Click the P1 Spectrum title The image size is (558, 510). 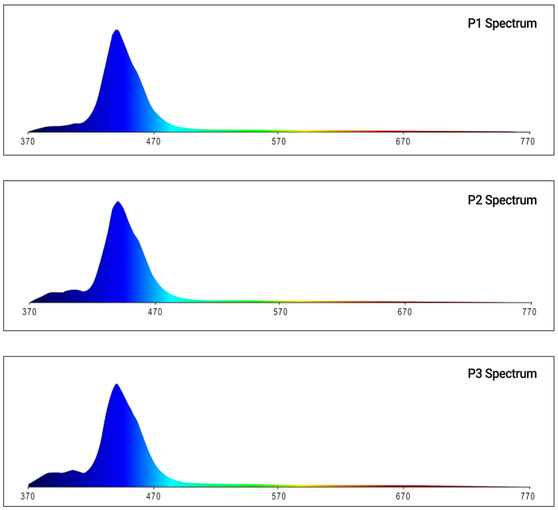click(x=501, y=24)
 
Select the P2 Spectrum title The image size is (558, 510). click(x=501, y=200)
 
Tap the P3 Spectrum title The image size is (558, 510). click(x=501, y=374)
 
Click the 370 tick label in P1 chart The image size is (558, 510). click(x=28, y=141)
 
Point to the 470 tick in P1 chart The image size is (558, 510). click(x=153, y=141)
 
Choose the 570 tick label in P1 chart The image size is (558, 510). click(x=278, y=141)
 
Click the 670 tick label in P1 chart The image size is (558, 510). click(x=403, y=141)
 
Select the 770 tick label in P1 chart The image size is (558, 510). click(x=527, y=141)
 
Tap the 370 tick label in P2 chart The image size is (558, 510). click(x=29, y=312)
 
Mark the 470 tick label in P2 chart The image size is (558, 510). click(x=155, y=312)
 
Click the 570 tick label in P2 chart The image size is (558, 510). click(x=280, y=312)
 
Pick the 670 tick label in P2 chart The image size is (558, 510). click(x=405, y=312)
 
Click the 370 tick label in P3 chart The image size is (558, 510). click(x=28, y=495)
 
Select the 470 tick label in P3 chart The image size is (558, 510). click(x=153, y=495)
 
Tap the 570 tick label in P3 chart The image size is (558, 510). click(x=278, y=495)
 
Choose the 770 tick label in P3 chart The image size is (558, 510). click(x=527, y=495)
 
